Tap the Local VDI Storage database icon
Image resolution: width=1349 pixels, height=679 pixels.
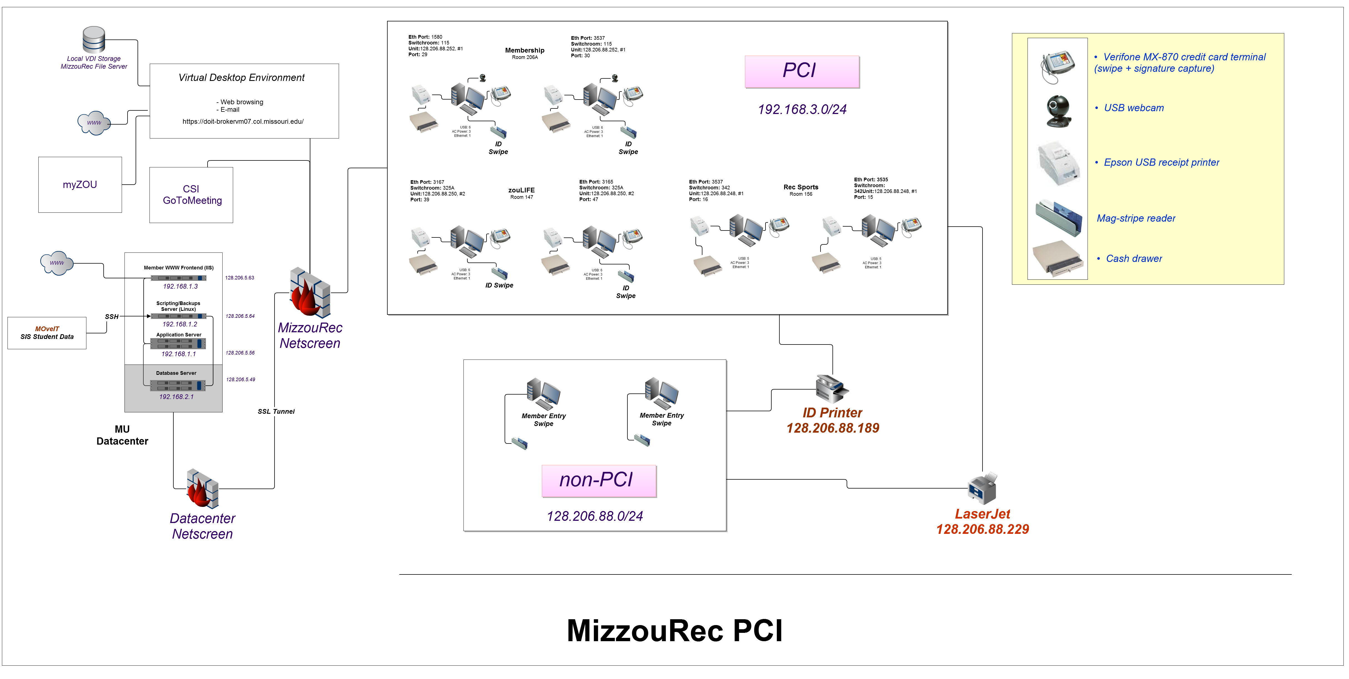click(94, 40)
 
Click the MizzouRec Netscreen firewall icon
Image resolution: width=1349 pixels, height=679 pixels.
click(310, 293)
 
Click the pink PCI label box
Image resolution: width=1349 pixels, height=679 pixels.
click(801, 71)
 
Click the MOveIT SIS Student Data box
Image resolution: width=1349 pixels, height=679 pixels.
click(47, 333)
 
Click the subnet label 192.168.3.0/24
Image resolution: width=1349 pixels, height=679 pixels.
click(802, 110)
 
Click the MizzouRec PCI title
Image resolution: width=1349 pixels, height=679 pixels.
click(675, 631)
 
